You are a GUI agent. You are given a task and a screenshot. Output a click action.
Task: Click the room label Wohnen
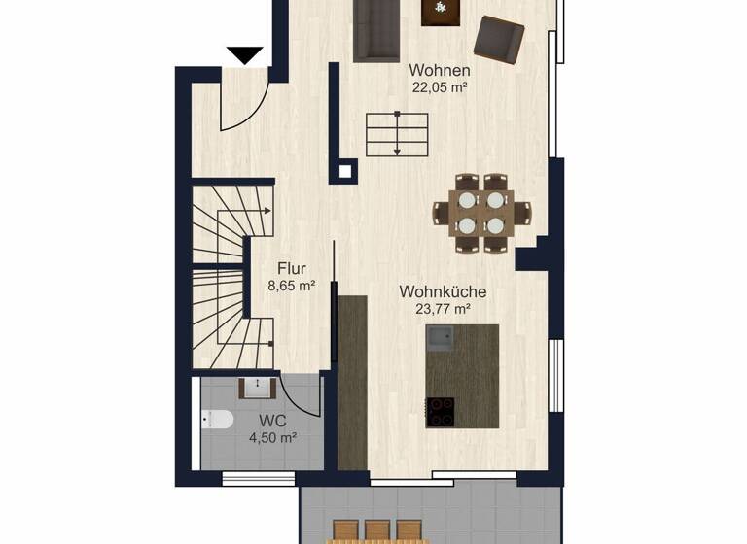click(x=440, y=70)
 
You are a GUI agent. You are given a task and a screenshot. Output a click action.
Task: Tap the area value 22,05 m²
click(x=440, y=86)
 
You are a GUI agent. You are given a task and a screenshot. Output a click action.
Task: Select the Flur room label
click(x=292, y=268)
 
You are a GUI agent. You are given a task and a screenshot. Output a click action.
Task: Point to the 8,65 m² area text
click(x=292, y=286)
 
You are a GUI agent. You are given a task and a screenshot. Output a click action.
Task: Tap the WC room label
click(x=272, y=422)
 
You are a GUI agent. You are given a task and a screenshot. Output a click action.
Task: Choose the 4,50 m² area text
click(x=272, y=438)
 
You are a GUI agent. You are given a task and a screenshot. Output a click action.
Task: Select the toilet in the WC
click(x=216, y=420)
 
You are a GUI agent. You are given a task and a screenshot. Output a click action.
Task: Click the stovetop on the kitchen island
click(x=441, y=412)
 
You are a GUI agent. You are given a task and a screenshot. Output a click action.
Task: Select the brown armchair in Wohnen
click(x=499, y=39)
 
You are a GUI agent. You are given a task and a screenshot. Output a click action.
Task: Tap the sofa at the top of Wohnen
click(x=375, y=29)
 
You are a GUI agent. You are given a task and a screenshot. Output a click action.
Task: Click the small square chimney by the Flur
click(x=343, y=173)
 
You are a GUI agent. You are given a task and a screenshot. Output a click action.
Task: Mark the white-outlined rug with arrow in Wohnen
click(x=397, y=134)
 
